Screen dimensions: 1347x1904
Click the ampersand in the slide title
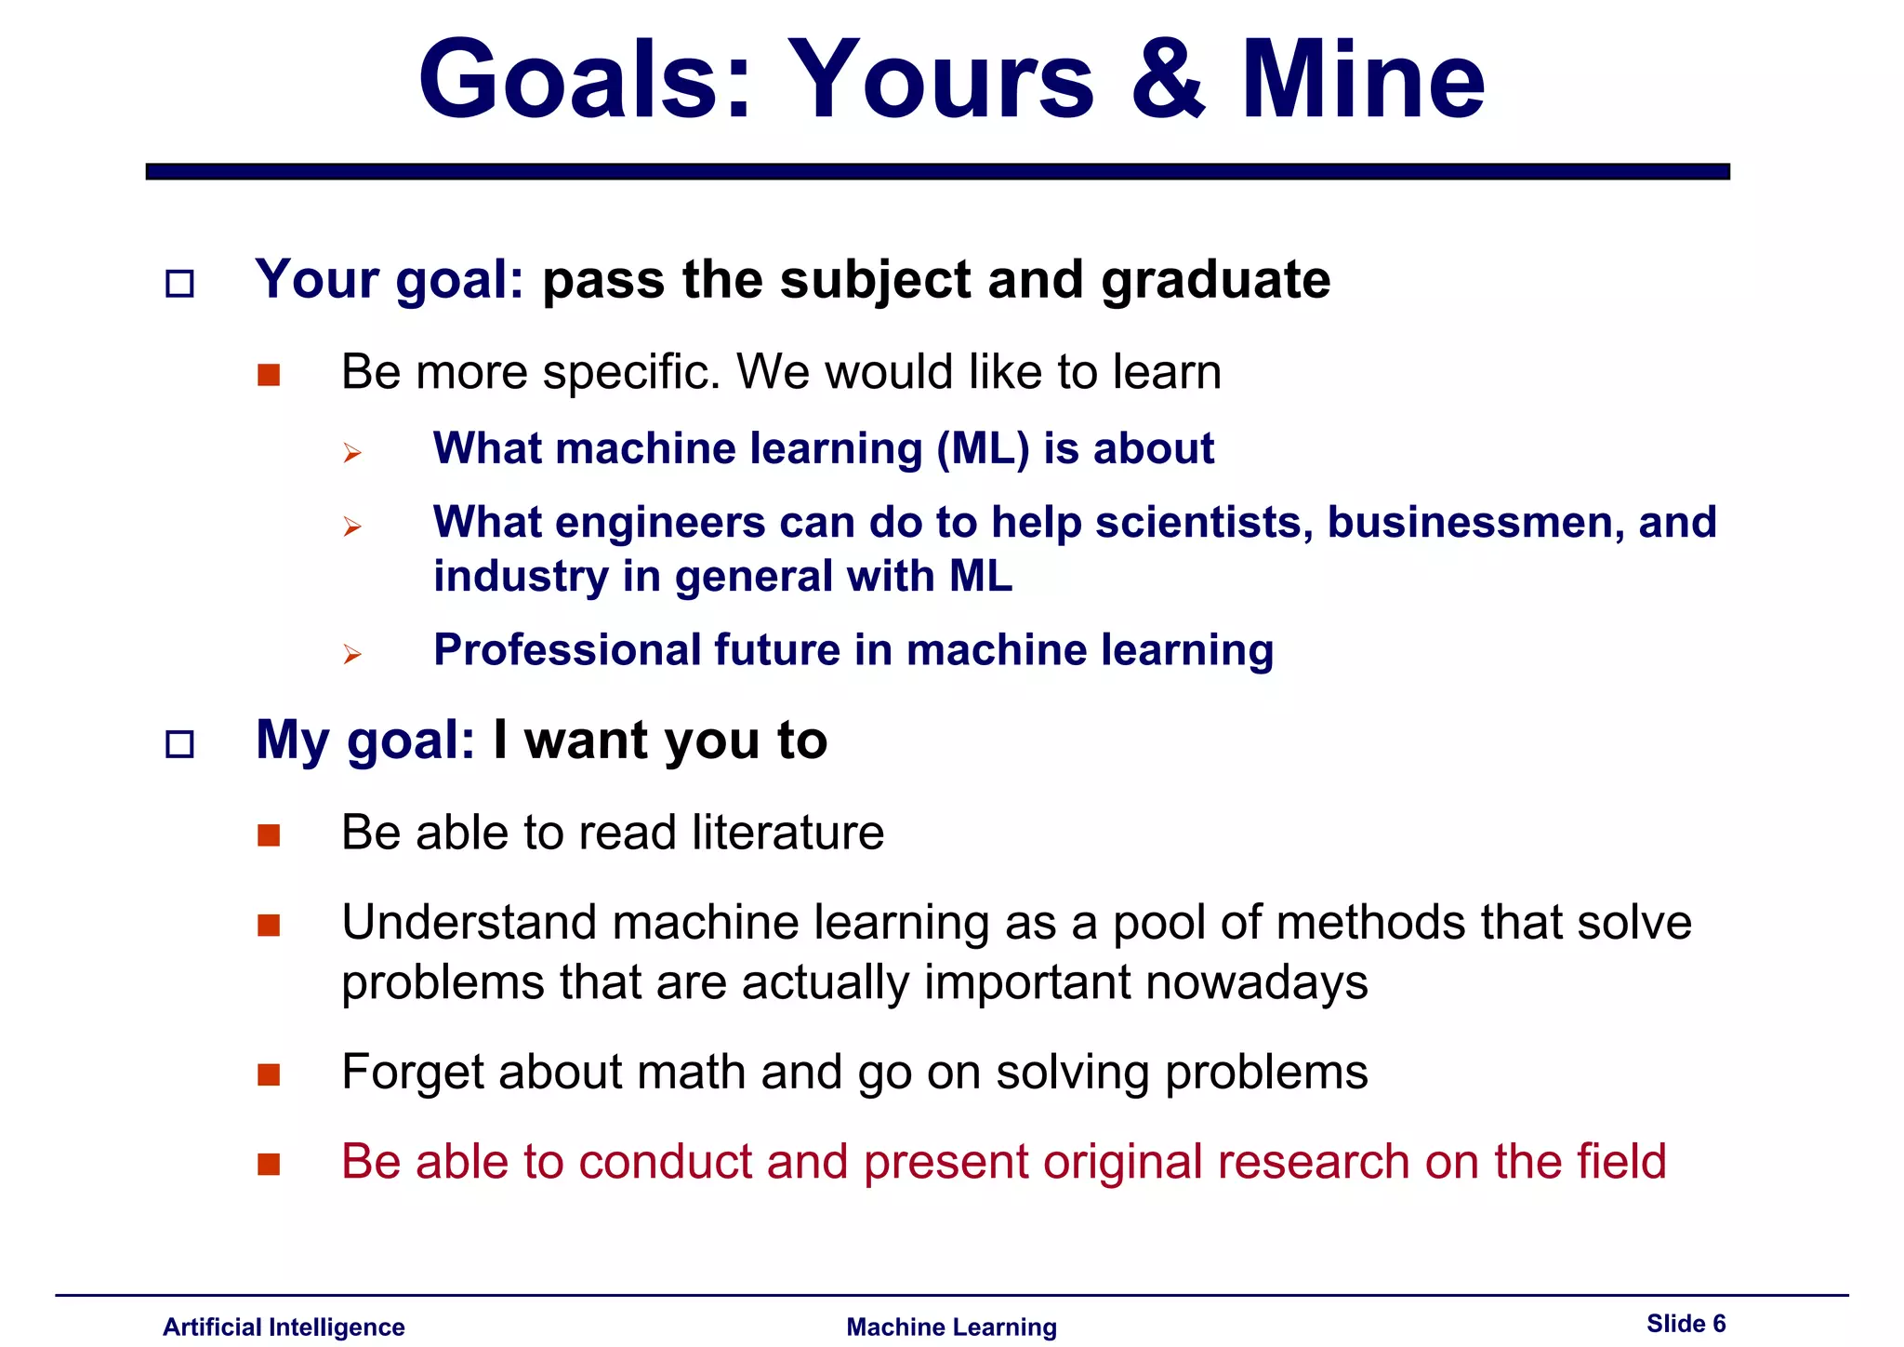click(1168, 82)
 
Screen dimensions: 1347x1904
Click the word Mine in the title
click(1363, 82)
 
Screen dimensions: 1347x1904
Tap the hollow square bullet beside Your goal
click(179, 283)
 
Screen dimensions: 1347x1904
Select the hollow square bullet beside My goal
click(179, 743)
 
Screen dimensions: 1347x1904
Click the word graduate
click(1216, 280)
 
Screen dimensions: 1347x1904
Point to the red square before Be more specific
click(269, 375)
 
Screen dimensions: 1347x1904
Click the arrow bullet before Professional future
click(351, 654)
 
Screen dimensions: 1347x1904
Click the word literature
click(787, 832)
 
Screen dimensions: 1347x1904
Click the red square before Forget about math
click(269, 1074)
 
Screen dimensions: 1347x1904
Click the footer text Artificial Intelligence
click(284, 1327)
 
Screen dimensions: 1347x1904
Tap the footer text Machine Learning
click(951, 1327)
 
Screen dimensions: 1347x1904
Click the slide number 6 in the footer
click(1719, 1324)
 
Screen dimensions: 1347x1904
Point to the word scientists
click(1204, 522)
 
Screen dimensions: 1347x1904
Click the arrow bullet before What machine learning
click(351, 453)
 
